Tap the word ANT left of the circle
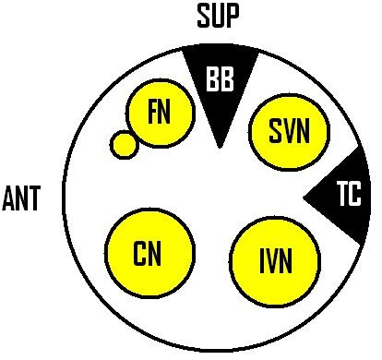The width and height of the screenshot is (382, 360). pyautogui.click(x=22, y=198)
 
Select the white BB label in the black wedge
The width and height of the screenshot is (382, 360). pyautogui.click(x=220, y=81)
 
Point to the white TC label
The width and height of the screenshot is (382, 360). pyautogui.click(x=348, y=196)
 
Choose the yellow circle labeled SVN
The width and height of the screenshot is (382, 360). pyautogui.click(x=289, y=132)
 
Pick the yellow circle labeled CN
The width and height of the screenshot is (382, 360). pyautogui.click(x=151, y=252)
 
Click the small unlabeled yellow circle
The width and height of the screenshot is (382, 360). pyautogui.click(x=123, y=144)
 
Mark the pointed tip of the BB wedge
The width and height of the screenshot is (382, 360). pyautogui.click(x=219, y=147)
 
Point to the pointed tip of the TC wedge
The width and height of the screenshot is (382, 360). pyautogui.click(x=305, y=197)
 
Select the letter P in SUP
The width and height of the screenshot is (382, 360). pyautogui.click(x=236, y=16)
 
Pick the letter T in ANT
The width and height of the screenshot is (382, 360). pyautogui.click(x=36, y=198)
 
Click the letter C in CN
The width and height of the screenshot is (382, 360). pyautogui.click(x=141, y=252)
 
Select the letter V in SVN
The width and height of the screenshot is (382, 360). pyautogui.click(x=289, y=132)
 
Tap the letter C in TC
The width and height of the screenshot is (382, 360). pyautogui.click(x=354, y=196)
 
